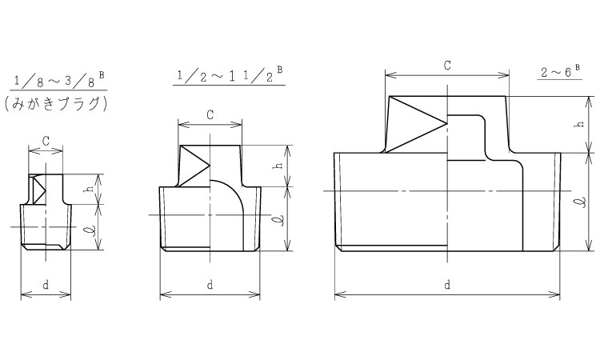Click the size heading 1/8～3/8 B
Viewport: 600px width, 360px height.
pos(58,80)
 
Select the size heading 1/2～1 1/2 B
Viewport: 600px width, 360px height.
pos(230,75)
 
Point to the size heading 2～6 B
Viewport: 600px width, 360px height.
pos(560,71)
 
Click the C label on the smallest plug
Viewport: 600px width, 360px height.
pos(46,141)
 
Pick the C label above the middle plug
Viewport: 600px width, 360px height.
pos(210,114)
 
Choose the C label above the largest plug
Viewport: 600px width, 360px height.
pos(447,66)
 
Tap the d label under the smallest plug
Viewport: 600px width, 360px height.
pos(46,285)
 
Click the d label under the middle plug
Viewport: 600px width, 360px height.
pos(210,285)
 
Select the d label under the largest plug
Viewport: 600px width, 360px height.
pos(447,285)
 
